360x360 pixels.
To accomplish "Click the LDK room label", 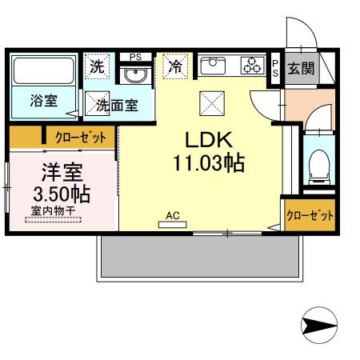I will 204,139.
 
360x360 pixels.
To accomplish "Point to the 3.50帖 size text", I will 61,194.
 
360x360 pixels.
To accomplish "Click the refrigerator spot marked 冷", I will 175,67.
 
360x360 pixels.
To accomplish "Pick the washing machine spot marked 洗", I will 97,67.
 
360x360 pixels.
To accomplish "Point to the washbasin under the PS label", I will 135,75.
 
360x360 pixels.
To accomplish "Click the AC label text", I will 172,215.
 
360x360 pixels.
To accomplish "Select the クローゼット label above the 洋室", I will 80,138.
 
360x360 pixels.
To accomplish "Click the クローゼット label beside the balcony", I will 310,215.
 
